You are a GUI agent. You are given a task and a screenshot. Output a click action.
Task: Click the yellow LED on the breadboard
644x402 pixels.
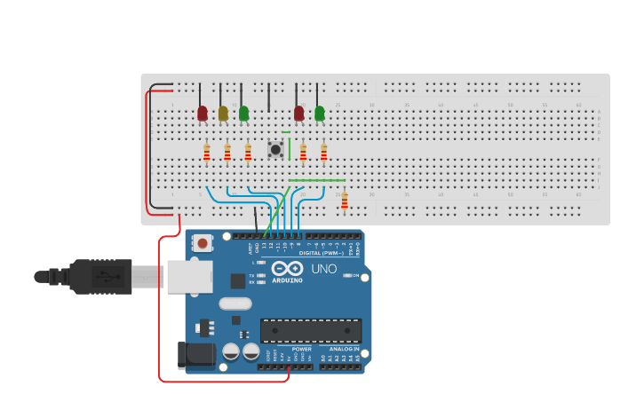pyautogui.click(x=223, y=113)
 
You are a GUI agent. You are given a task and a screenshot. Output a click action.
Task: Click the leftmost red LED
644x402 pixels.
pyautogui.click(x=203, y=113)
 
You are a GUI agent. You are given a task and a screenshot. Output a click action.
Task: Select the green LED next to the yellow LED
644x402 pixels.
pyautogui.click(x=243, y=113)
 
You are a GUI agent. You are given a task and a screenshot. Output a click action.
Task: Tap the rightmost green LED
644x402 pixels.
pyautogui.click(x=320, y=113)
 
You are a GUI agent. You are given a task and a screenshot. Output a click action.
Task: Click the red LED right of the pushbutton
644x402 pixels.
pyautogui.click(x=298, y=113)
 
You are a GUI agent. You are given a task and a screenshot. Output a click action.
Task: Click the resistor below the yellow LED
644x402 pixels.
pyautogui.click(x=227, y=154)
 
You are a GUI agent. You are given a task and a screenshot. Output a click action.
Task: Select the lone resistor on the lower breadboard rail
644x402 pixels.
pyautogui.click(x=345, y=201)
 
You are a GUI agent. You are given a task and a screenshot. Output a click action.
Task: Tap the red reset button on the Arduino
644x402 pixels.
pyautogui.click(x=203, y=243)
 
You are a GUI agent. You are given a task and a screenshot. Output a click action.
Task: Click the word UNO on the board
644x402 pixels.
pyautogui.click(x=324, y=269)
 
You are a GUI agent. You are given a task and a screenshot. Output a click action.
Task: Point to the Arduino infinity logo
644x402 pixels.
pyautogui.click(x=287, y=268)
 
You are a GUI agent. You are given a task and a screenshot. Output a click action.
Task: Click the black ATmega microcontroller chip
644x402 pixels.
pyautogui.click(x=310, y=330)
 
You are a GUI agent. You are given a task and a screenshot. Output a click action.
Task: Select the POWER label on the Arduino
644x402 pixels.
pyautogui.click(x=301, y=349)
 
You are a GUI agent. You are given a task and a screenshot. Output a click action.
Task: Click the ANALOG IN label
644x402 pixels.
pyautogui.click(x=345, y=349)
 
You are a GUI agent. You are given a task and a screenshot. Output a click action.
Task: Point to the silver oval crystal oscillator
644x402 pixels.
pyautogui.click(x=235, y=303)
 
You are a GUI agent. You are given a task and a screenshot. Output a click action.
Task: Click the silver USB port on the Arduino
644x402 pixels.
pyautogui.click(x=188, y=276)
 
